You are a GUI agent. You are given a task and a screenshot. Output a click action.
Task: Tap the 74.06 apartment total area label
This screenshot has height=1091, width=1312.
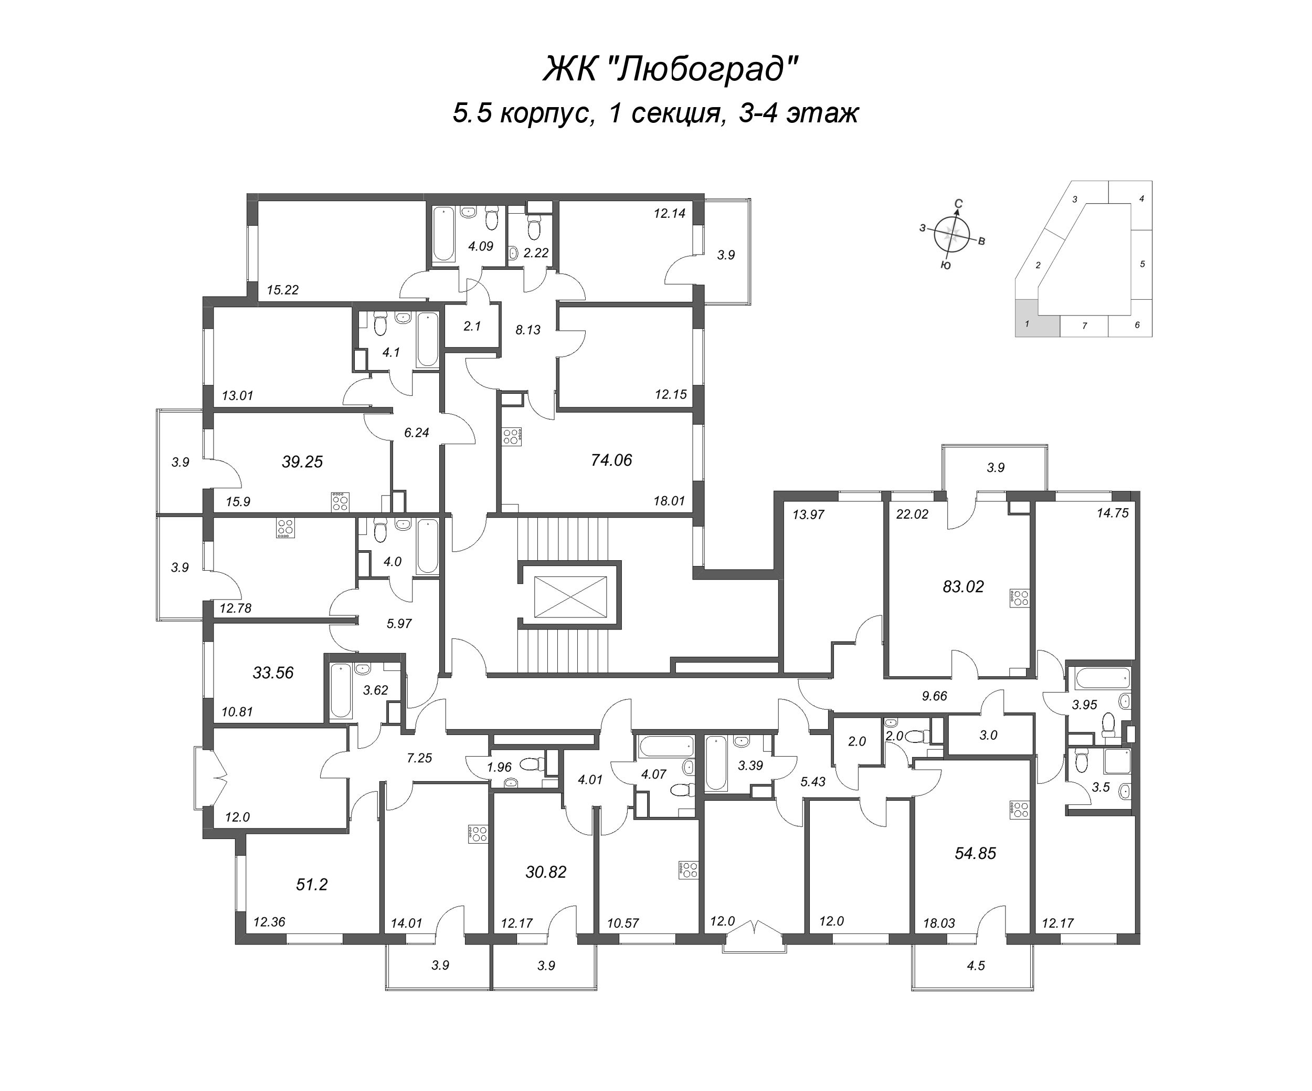[x=611, y=460]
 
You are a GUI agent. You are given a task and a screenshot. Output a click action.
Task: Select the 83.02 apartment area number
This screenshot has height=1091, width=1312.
[x=963, y=587]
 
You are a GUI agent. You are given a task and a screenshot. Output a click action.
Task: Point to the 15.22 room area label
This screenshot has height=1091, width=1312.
[x=282, y=290]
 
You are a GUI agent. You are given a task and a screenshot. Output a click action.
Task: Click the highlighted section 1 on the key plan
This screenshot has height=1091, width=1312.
[x=1037, y=318]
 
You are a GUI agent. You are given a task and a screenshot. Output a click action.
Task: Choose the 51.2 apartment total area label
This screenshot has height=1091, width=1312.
[x=311, y=884]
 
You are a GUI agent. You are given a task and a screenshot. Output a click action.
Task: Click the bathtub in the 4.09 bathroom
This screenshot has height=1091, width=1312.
[x=445, y=234]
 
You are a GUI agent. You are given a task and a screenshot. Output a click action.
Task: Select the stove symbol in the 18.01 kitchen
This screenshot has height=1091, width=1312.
[x=512, y=436]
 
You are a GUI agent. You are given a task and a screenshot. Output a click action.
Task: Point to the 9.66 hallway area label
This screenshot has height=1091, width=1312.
[x=934, y=696]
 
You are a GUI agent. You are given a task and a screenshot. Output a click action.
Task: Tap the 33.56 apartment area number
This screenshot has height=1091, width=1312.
[x=273, y=673]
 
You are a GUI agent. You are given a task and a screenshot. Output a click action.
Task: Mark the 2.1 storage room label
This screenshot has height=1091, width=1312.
[x=472, y=326]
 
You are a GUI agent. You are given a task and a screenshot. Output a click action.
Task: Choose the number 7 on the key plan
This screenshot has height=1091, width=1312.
[x=1085, y=326]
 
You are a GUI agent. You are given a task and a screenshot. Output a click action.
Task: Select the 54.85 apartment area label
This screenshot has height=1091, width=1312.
[x=975, y=854]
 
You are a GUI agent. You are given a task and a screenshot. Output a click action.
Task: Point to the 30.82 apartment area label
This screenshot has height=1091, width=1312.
[x=545, y=872]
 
